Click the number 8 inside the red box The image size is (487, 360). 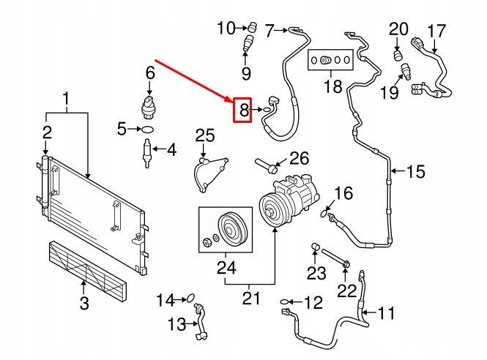(x=244, y=110)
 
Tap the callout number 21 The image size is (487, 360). (x=251, y=298)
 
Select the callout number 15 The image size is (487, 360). (x=415, y=171)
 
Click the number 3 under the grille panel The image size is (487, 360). (x=84, y=303)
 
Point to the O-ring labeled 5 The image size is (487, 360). (x=147, y=129)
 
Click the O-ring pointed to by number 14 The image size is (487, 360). (x=190, y=299)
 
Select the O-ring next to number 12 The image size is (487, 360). (x=284, y=301)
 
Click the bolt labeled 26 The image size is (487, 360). (x=266, y=165)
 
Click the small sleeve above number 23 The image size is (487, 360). (x=316, y=247)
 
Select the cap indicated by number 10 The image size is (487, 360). (x=252, y=27)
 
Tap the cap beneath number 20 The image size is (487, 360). (x=398, y=56)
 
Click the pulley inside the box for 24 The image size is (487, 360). (x=232, y=230)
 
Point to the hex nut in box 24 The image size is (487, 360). (x=207, y=241)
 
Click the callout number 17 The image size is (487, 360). (x=436, y=31)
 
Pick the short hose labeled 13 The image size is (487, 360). (x=201, y=321)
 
